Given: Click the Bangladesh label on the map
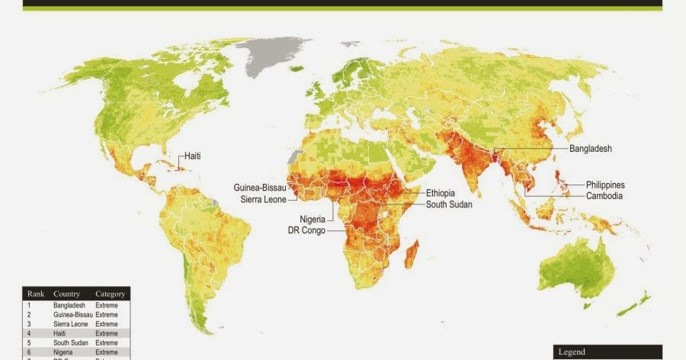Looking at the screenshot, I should tap(591, 149).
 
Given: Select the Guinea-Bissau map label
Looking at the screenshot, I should tap(260, 187).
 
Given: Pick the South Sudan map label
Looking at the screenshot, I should tap(449, 204).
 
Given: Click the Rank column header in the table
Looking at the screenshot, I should tap(36, 294).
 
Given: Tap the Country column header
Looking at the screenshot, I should tap(67, 294).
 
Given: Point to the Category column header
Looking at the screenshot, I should tap(110, 294).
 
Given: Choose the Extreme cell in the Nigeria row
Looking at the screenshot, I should tap(107, 352).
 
